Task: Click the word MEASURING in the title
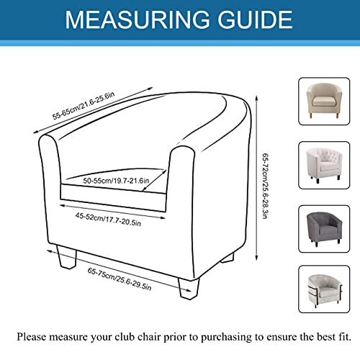coord(138,19)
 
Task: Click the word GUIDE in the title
coord(255,19)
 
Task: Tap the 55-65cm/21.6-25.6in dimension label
coord(84,106)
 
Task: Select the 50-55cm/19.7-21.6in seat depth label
coord(116,181)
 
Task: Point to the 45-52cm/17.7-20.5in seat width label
coord(108,219)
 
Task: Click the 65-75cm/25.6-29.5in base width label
coord(120,279)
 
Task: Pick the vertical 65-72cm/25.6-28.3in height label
coord(265,186)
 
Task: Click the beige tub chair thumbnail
coord(324,101)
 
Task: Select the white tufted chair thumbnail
coord(324,166)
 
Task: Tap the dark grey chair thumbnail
coord(324,229)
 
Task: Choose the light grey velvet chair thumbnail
coord(324,289)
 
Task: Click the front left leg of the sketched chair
coord(67,257)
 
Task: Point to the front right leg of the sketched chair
coord(189,288)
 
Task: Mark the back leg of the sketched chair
coord(228,258)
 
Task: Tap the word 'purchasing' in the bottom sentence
coord(226,338)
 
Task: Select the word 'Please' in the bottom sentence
coord(31,337)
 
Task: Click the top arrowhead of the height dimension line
coord(256,97)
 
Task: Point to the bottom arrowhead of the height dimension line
coord(256,258)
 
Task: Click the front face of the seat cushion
coord(113,198)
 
